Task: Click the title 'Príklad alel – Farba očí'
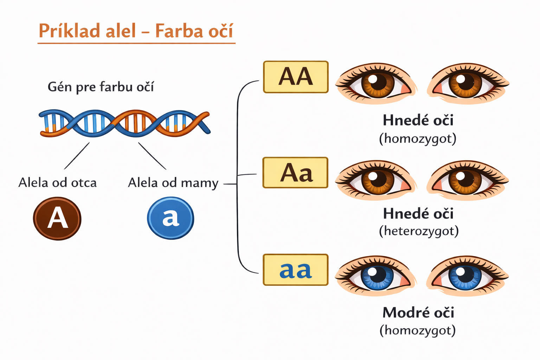[136, 31]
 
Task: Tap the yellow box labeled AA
[296, 77]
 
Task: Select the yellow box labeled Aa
[295, 173]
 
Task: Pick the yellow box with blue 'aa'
[295, 270]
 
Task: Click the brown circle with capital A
[57, 218]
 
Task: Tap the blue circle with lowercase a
[171, 218]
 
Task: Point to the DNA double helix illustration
[125, 123]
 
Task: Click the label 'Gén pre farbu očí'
[101, 87]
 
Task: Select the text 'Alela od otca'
[57, 183]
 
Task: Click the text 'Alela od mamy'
[173, 183]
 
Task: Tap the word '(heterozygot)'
[418, 231]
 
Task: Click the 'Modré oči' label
[418, 313]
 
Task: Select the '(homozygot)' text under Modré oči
[418, 330]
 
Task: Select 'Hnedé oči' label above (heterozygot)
[418, 213]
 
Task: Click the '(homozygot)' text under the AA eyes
[418, 139]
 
